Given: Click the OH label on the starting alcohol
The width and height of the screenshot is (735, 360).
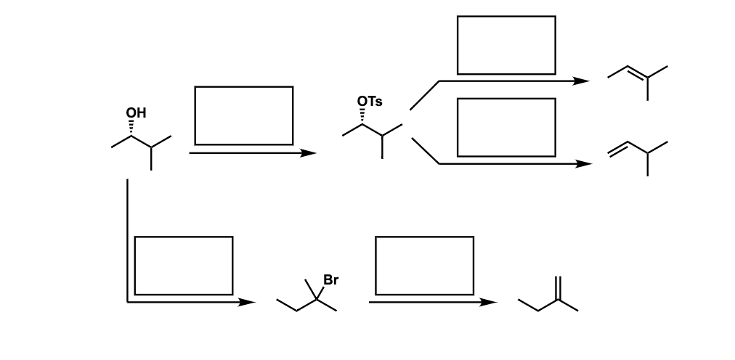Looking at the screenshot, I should (136, 112).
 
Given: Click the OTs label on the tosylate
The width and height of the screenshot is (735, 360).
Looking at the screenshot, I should (370, 102).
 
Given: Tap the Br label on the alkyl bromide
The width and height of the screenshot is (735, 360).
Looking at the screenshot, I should (330, 279).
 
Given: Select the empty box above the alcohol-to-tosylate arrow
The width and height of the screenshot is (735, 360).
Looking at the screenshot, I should (244, 115).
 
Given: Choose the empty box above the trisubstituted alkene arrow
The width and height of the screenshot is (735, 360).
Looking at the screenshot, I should (506, 45).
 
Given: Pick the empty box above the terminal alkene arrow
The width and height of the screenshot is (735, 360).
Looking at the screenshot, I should (506, 127).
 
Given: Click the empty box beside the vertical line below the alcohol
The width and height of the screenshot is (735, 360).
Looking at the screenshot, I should (184, 265).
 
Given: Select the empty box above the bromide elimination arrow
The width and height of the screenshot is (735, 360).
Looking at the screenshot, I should (424, 265).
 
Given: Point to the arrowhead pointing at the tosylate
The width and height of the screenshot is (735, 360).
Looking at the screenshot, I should (309, 153).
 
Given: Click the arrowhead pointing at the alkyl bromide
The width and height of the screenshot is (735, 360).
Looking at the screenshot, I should (248, 302).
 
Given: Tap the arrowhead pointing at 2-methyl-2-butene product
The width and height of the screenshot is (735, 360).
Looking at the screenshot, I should (582, 81).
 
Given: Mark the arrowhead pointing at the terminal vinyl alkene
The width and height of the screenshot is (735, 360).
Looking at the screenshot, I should (584, 164).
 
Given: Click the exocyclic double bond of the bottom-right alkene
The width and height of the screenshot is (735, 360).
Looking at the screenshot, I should (559, 288).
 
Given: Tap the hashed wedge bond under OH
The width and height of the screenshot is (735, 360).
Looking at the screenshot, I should (132, 128).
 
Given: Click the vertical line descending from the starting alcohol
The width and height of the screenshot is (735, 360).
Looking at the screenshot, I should (127, 240).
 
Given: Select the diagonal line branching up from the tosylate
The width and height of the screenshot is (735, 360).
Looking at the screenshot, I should (424, 95).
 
